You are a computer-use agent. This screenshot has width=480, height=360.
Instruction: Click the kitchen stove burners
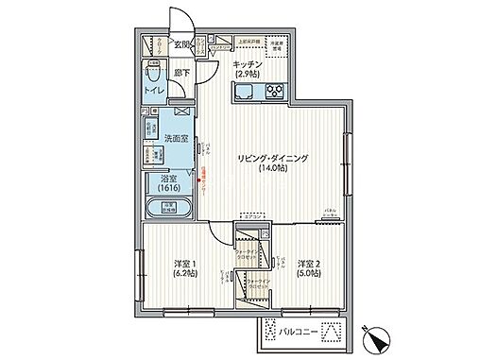click(276, 92)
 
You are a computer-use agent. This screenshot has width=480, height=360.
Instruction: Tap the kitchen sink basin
click(244, 92)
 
